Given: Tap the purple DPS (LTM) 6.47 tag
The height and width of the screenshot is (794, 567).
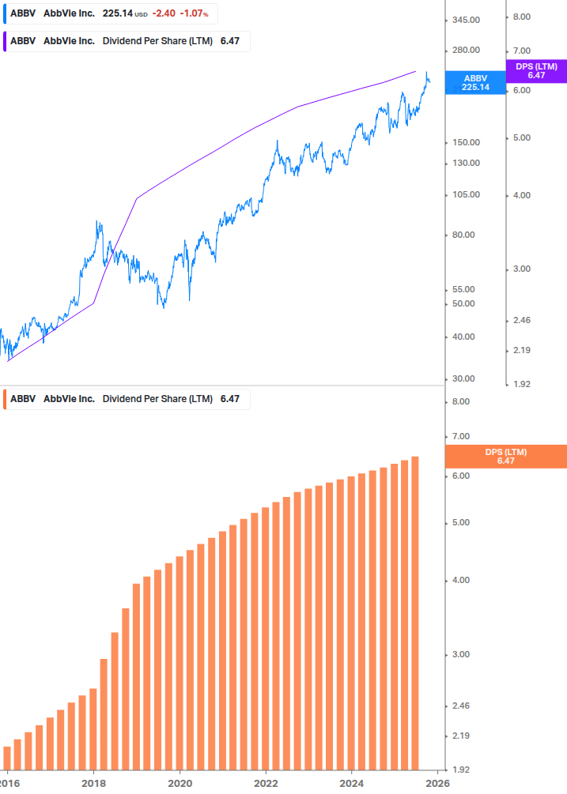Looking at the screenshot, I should click(x=536, y=71).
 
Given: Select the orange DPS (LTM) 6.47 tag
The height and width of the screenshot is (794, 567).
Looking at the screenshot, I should click(x=506, y=457).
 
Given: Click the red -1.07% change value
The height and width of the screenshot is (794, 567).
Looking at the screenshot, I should click(x=202, y=13).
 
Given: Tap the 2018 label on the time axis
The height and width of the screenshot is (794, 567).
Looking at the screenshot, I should click(x=93, y=784).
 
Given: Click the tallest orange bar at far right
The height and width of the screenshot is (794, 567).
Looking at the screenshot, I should click(x=414, y=612).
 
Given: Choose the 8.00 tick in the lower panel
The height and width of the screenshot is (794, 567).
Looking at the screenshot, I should click(x=460, y=402).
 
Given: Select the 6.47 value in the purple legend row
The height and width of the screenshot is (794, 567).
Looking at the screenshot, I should click(x=229, y=41).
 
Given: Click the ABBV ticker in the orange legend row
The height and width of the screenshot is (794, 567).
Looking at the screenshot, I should click(x=24, y=399).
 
